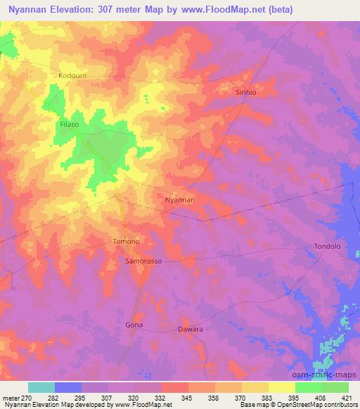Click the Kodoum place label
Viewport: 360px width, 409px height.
[x=74, y=74]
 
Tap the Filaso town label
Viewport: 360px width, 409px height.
[x=68, y=124]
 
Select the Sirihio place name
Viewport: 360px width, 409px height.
[x=248, y=92]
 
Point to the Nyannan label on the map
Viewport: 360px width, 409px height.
[x=179, y=200]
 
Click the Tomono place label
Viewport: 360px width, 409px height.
[x=127, y=242]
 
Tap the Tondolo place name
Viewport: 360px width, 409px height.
[x=326, y=247]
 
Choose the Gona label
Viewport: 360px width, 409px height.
[x=134, y=325]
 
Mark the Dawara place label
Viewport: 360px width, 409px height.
[x=190, y=329]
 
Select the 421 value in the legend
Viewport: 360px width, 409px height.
[x=347, y=398]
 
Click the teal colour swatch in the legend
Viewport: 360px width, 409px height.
[x=41, y=387]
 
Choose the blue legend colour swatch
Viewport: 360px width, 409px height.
[x=68, y=387]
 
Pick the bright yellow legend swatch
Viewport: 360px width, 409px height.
[x=282, y=387]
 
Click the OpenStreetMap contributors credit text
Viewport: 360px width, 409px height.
[x=321, y=405]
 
